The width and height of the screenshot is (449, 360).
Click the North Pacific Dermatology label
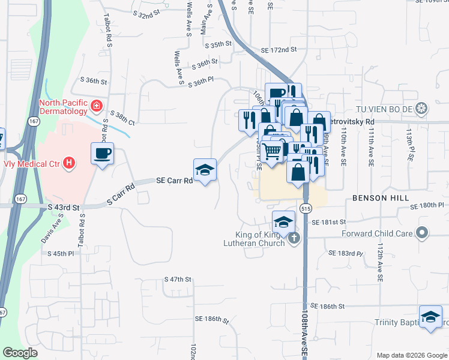(x=64, y=106)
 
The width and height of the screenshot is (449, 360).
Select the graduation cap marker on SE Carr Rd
(x=205, y=171)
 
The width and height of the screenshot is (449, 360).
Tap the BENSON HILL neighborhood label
(x=381, y=197)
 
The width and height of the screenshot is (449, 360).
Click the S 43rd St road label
(x=64, y=208)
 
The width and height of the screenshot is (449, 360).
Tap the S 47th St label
(x=178, y=280)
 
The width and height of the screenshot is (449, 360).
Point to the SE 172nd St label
(x=279, y=50)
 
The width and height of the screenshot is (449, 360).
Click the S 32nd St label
(x=147, y=12)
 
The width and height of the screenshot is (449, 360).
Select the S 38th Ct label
(x=122, y=116)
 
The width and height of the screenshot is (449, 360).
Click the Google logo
(x=20, y=353)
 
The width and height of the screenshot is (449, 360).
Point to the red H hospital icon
(x=70, y=162)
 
